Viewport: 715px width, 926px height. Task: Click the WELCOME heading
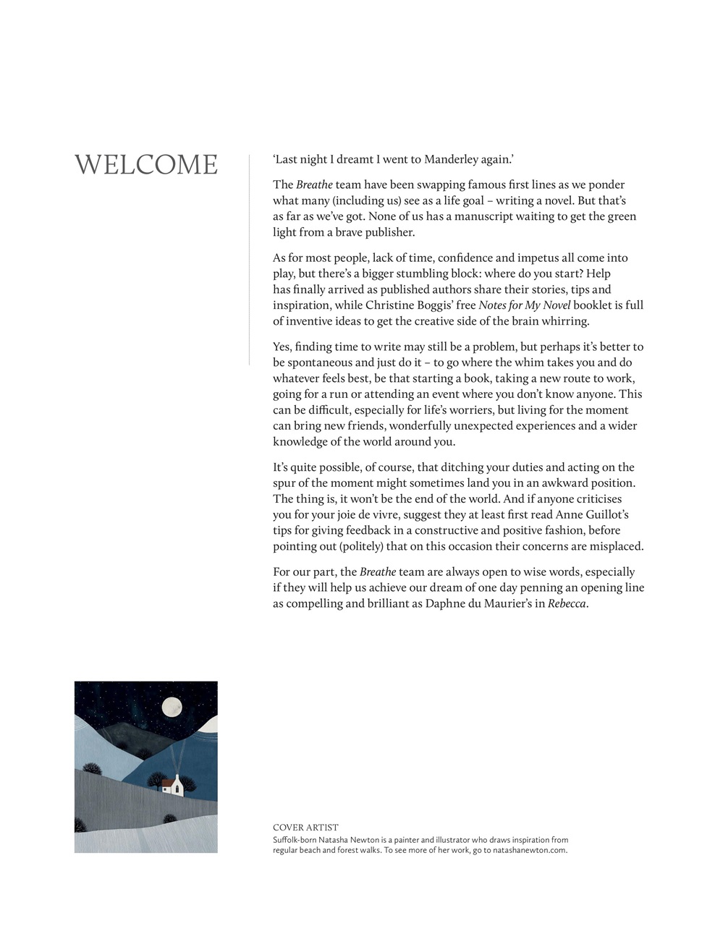click(x=146, y=165)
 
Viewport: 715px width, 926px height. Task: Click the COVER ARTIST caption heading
click(x=305, y=828)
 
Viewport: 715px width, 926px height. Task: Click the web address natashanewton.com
click(x=530, y=851)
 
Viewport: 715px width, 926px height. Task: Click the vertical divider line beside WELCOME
click(x=249, y=260)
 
